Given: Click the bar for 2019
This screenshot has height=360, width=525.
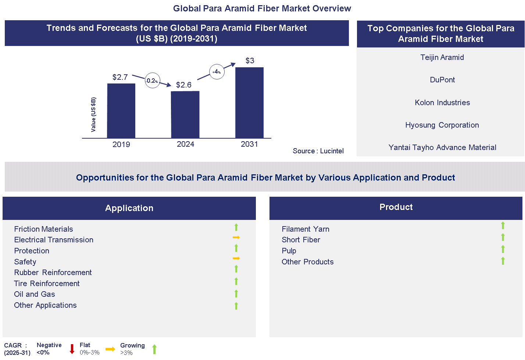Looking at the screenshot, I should point(121,111).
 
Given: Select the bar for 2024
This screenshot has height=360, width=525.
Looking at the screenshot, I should point(185,114).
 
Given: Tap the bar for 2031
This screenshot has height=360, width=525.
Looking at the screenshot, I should point(249,103).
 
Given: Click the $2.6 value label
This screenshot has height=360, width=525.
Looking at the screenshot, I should point(183,85).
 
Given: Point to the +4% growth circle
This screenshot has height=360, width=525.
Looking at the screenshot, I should point(217,72).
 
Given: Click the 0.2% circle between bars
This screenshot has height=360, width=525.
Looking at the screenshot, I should point(152,81).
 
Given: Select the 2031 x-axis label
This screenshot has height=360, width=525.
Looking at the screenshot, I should point(249,144).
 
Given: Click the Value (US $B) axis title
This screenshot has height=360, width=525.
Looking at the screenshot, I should point(93,114).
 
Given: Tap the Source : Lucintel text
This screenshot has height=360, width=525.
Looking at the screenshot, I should point(318,151).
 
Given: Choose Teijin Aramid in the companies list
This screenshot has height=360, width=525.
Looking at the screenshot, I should point(442,57).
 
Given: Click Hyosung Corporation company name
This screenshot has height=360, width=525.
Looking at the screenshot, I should point(442,125).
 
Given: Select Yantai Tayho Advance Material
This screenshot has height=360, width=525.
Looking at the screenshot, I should point(442,147).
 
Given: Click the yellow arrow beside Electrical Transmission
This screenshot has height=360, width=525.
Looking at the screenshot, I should point(236,238).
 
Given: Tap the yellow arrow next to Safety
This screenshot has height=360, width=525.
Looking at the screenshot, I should point(236,259).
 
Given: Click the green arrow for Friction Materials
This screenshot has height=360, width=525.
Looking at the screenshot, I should point(236,227).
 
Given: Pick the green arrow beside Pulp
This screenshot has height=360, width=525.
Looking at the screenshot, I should point(503,249).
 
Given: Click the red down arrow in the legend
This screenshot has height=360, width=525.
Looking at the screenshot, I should point(72,349).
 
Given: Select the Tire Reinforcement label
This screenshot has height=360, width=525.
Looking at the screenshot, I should point(47,284).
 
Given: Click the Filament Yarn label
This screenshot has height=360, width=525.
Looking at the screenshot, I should point(305,229).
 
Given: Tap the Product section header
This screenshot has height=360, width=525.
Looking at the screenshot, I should point(396,207).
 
